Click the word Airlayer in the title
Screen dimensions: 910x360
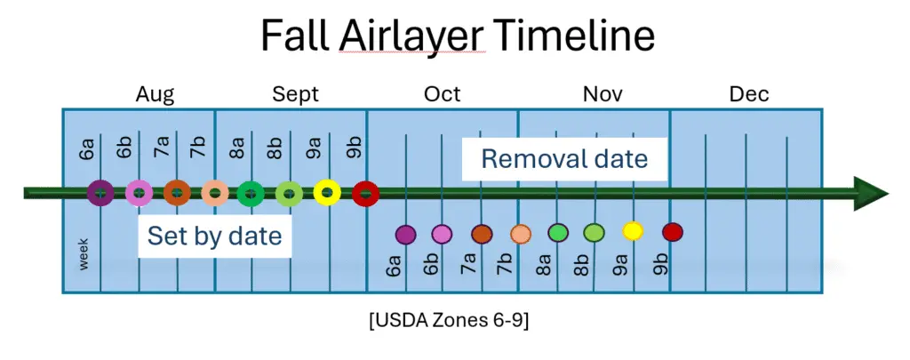411,36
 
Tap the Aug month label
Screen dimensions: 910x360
155,94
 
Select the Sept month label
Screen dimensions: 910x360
295,94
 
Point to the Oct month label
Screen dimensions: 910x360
443,94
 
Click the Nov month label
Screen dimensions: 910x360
603,94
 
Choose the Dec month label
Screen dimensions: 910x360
749,94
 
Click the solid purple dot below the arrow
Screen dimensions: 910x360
405,234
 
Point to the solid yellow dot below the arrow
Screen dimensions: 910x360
633,231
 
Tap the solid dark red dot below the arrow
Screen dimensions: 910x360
673,232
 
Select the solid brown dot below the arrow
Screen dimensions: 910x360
482,234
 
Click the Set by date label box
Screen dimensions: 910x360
214,236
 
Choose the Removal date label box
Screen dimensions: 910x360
564,159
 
